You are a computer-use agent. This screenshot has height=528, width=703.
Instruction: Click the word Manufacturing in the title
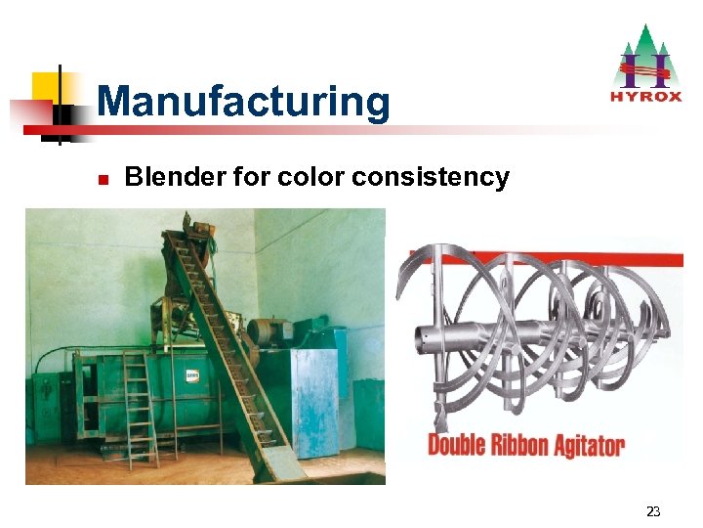point(243,101)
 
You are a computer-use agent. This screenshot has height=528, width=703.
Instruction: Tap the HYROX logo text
point(645,96)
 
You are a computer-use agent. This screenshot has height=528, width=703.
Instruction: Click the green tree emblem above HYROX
point(645,55)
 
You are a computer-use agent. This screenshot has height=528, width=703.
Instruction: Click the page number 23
point(653,511)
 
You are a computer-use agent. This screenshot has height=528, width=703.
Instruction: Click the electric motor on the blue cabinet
point(267,331)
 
